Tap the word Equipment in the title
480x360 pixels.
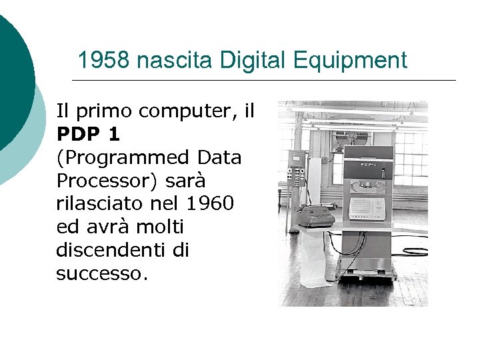point(349,61)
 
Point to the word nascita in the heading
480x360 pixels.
point(173,61)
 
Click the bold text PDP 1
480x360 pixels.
point(88,134)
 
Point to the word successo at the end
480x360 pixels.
point(99,273)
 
